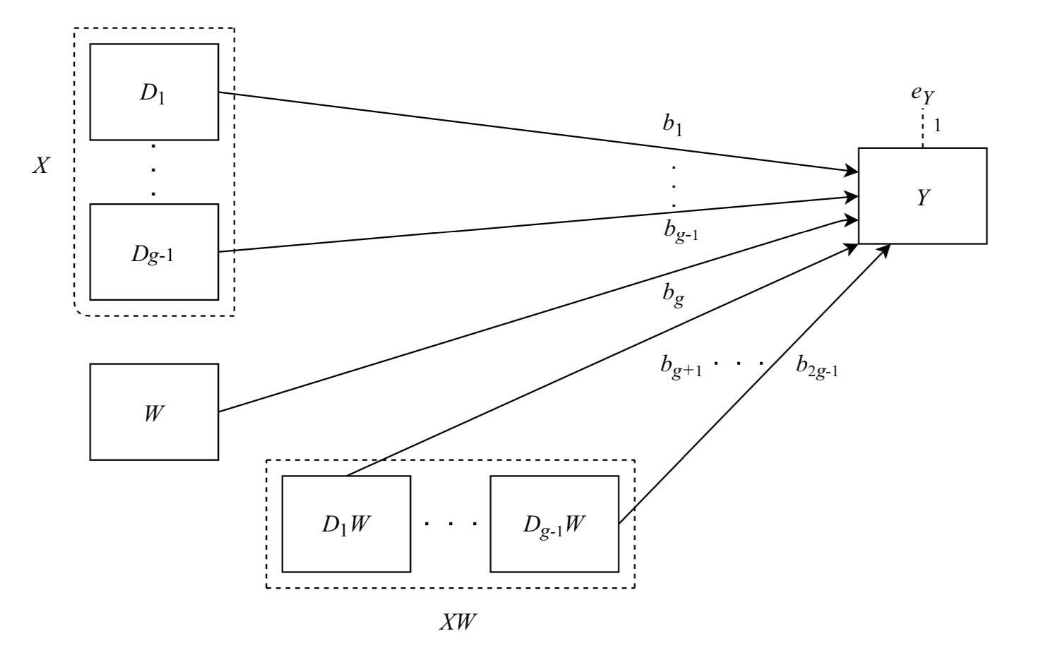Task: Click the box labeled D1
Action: tap(154, 92)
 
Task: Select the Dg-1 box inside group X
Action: tap(154, 251)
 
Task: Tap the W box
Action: tap(154, 412)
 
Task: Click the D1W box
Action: tap(346, 524)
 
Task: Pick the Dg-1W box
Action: tap(554, 524)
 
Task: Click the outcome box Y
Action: tap(922, 196)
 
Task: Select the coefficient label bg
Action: tap(672, 293)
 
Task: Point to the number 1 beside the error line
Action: tap(937, 126)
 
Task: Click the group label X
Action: tap(40, 167)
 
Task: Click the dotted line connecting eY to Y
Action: tap(922, 131)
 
